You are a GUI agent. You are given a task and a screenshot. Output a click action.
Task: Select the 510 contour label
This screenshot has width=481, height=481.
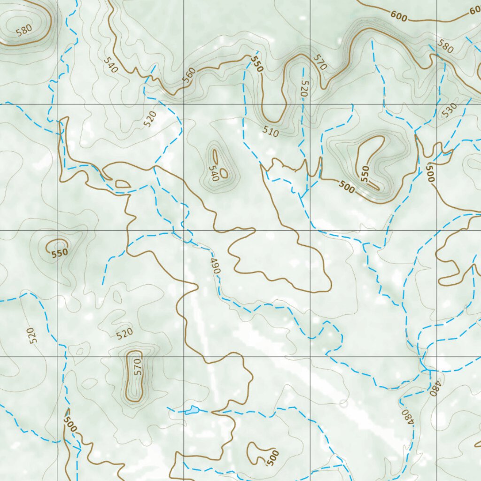coord(271,133)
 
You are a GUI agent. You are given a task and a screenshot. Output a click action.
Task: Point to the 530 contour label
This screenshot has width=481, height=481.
coord(449,111)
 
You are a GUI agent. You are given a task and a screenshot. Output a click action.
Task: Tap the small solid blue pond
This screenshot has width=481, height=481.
coord(192,411)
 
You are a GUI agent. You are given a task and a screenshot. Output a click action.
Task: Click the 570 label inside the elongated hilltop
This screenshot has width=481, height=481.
coord(137,367)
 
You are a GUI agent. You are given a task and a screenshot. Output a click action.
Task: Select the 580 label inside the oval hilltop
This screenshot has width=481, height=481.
coord(23,30)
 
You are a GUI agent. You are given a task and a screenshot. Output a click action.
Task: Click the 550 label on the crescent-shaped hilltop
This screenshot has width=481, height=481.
coord(365,173)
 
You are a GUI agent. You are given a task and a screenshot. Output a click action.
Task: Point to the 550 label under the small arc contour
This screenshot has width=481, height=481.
coord(60,252)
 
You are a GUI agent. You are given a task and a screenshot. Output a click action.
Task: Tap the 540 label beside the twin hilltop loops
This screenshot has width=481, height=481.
coord(214,173)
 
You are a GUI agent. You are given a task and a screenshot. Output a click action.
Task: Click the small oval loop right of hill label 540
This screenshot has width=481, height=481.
coord(224,173)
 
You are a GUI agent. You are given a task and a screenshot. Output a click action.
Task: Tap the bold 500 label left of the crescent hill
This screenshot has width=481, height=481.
coord(346,188)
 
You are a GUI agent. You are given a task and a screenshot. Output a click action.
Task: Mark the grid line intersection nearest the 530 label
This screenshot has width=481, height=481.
coord(437,103)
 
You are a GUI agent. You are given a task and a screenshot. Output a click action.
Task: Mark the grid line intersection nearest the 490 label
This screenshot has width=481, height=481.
coord(184,230)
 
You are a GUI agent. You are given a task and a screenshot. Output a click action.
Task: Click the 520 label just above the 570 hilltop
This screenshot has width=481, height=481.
coord(124,334)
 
